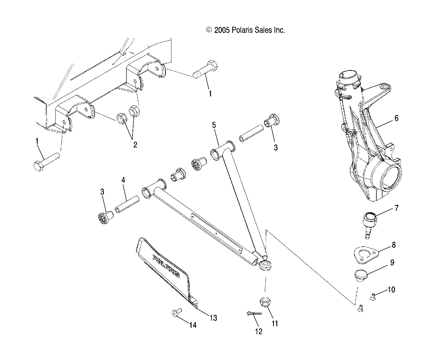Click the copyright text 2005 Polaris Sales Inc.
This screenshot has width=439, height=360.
click(245, 30)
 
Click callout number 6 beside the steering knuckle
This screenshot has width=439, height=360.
click(396, 118)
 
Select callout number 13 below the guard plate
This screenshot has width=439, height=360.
click(213, 318)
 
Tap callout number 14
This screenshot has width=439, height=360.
click(192, 325)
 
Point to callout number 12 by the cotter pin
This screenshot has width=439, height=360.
click(258, 331)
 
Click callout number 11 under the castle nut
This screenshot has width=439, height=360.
click(275, 324)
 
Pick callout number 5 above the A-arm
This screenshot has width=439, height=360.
click(214, 125)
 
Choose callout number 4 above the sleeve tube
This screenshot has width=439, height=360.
click(123, 180)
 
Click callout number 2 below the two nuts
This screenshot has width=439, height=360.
click(135, 145)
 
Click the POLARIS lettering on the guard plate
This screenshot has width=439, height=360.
click(166, 266)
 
